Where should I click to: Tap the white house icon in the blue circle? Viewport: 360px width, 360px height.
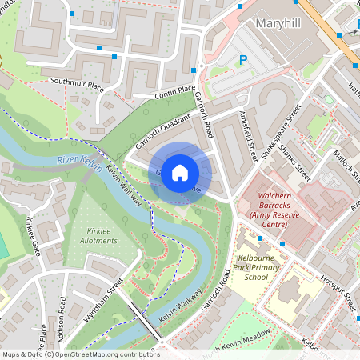(x=180, y=172)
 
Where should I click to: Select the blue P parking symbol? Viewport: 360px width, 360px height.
(x=244, y=60)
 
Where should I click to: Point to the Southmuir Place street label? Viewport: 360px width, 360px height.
(x=77, y=82)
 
